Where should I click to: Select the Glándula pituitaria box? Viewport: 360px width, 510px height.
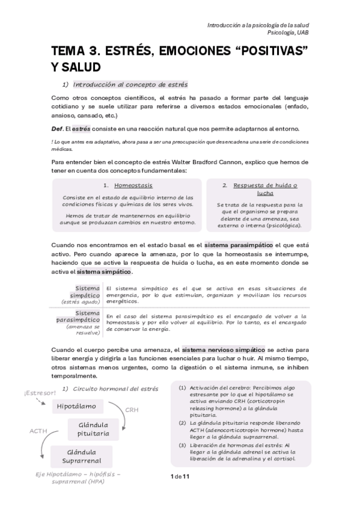point(93,429)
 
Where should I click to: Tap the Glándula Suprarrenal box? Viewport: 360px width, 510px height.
point(81,456)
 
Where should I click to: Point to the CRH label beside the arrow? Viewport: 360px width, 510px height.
point(132,411)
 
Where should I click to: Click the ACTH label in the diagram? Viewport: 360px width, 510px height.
point(38,431)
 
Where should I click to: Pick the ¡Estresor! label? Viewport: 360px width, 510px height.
point(40,393)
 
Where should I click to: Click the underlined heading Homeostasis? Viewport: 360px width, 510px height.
point(133,186)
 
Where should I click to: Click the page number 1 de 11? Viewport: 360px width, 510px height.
point(180,477)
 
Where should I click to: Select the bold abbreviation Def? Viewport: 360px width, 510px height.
point(58,129)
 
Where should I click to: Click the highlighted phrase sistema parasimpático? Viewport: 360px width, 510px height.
point(239,245)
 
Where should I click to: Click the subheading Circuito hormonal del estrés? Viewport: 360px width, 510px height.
point(115,389)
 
